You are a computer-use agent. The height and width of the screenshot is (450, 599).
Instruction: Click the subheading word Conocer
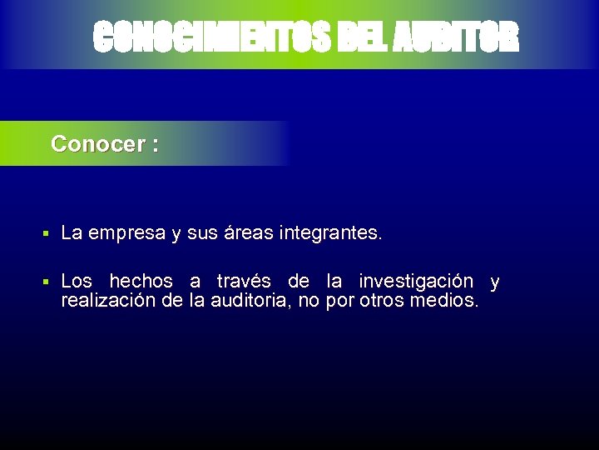(98, 144)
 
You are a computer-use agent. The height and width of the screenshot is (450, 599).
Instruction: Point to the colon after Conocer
(156, 145)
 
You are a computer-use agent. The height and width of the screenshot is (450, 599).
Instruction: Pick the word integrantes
(330, 234)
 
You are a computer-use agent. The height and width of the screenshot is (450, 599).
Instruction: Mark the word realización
(108, 300)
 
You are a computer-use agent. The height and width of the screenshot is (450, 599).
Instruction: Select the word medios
(444, 300)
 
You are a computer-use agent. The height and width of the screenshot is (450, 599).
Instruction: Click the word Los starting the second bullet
(77, 282)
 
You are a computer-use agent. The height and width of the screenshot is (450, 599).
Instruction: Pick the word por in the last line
(340, 300)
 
